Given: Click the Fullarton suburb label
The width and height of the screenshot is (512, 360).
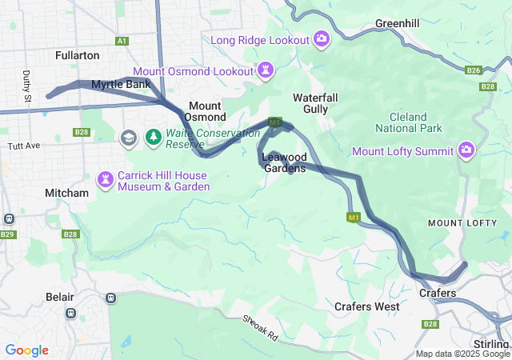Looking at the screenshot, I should coord(78,55).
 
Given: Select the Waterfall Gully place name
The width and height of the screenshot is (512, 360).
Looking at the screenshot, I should coord(321,102).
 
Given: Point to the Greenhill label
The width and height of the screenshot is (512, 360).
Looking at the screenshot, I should coord(398,24).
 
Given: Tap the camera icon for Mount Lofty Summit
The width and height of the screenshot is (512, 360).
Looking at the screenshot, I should coord(466,150).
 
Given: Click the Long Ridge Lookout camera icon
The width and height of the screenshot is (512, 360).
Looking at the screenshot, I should coord(322,38).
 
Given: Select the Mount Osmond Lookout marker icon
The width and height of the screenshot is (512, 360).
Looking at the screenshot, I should coord(265,71).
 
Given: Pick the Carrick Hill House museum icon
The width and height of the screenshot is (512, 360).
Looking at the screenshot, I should coord(106,179).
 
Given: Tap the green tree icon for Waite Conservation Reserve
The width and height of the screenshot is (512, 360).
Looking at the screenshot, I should coord(153,138).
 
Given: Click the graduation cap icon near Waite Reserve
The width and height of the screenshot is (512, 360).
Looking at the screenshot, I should coord(128,138).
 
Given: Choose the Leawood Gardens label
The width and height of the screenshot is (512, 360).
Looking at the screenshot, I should coord(284,162).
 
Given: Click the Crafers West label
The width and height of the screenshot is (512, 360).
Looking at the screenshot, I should coord(366,306).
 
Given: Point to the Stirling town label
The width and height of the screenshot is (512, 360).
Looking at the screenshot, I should coord(490,344).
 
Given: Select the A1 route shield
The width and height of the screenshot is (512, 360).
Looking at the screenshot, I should coord(122,40).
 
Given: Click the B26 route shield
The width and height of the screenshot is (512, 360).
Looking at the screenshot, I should coord(473,70).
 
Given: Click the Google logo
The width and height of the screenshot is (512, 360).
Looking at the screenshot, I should coord(26,350).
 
